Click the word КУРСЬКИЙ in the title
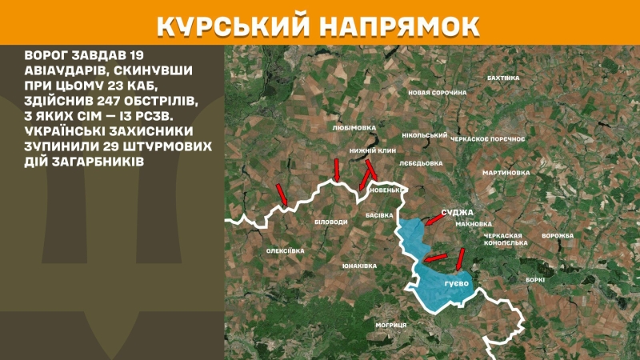[231, 24]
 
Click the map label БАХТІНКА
[503, 78]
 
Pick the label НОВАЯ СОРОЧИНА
[437, 93]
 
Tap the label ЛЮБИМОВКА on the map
[353, 126]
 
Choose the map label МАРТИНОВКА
[506, 172]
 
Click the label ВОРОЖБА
[558, 236]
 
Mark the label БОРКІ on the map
[535, 279]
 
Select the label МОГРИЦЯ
[391, 325]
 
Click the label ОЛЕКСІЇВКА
[286, 250]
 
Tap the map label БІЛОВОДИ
[331, 222]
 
